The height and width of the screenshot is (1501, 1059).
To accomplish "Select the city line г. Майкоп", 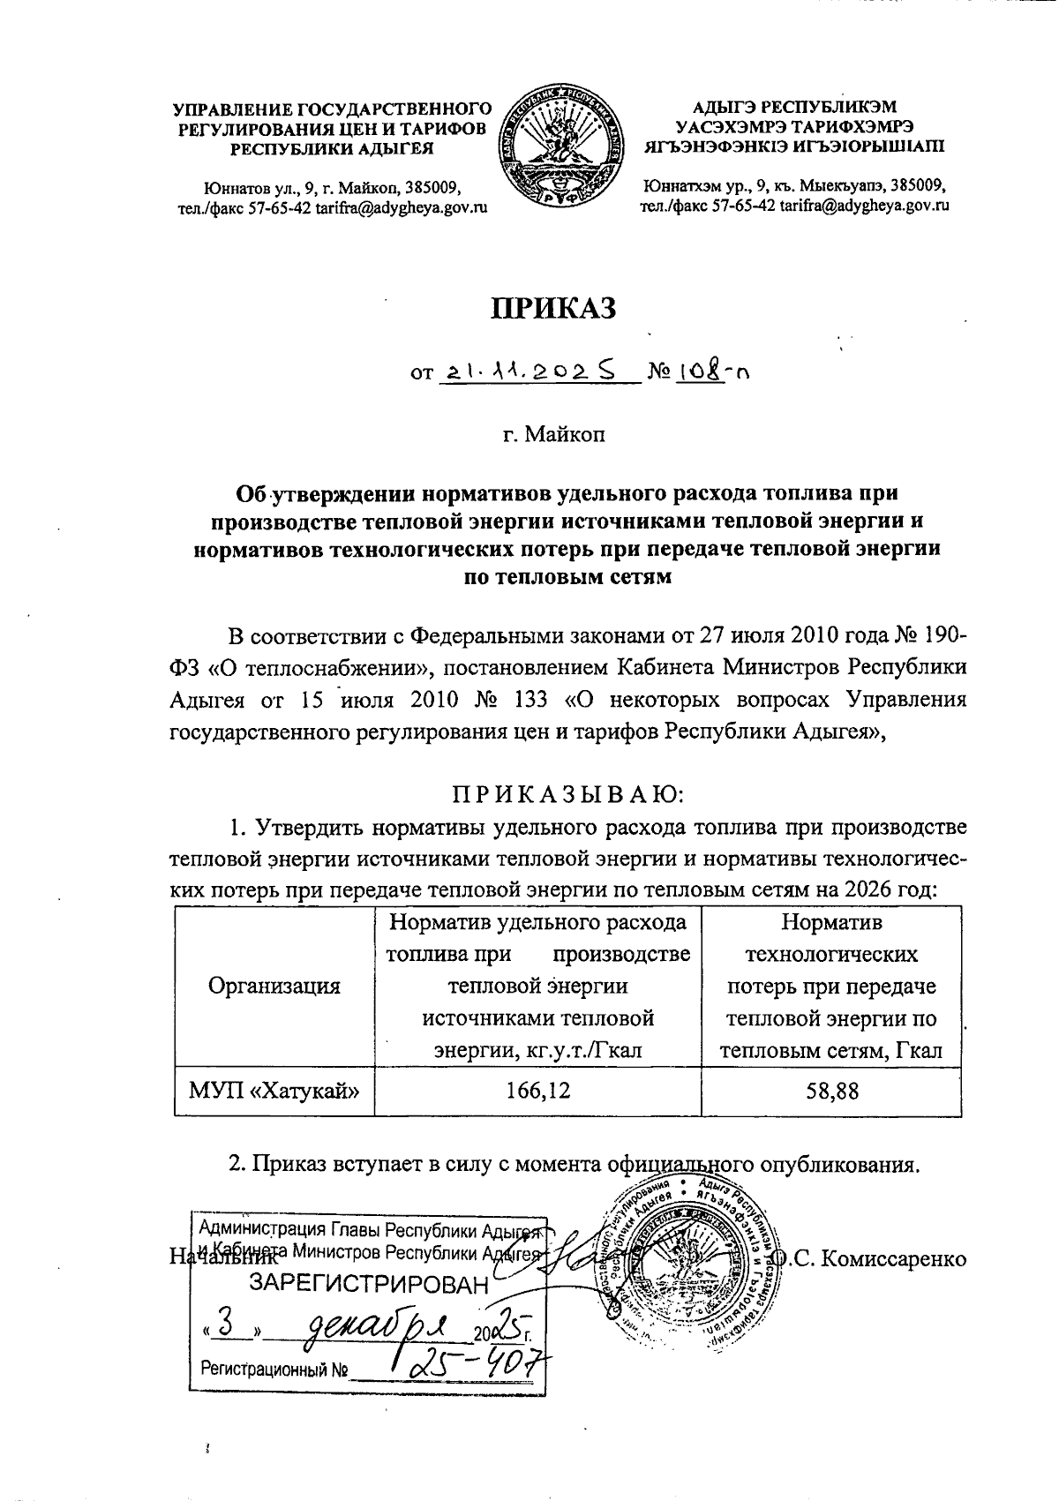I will coord(554,435).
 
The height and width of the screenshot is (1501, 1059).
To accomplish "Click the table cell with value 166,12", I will coord(537,1091).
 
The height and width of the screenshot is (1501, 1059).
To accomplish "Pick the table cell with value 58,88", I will coord(831,1091).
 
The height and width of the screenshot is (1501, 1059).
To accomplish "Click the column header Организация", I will coord(274,986).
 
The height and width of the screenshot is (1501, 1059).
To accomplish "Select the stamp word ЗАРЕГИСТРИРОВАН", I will coord(370,1285).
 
